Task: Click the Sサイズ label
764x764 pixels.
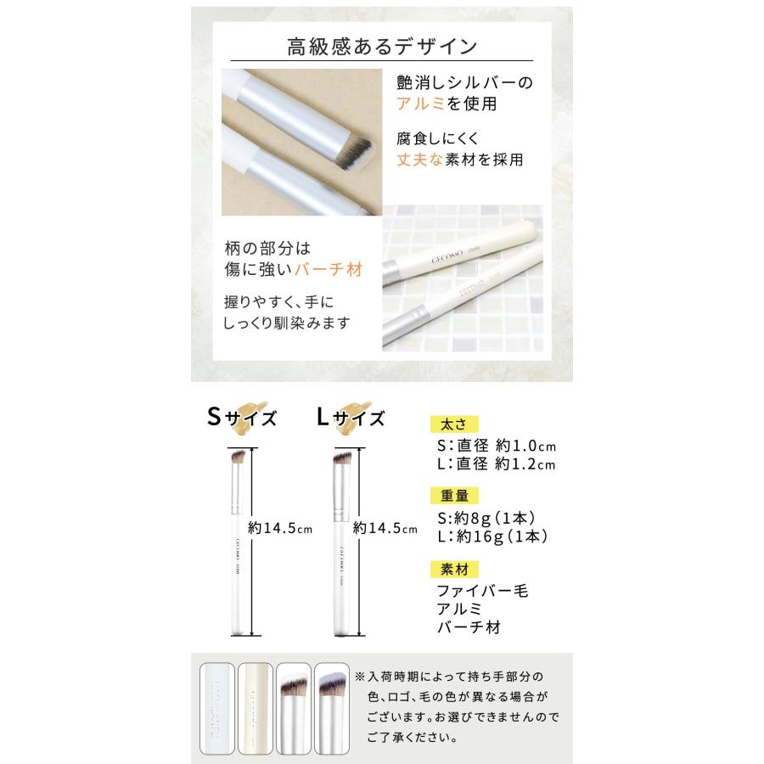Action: point(243,417)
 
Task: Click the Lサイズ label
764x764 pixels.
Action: point(350,417)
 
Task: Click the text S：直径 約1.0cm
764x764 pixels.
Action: point(497,446)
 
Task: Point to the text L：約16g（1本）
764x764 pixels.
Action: point(492,536)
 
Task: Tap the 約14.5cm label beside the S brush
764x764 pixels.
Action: point(281,528)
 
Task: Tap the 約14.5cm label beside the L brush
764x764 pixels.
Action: point(385,528)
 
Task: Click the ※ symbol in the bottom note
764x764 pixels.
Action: point(361,677)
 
